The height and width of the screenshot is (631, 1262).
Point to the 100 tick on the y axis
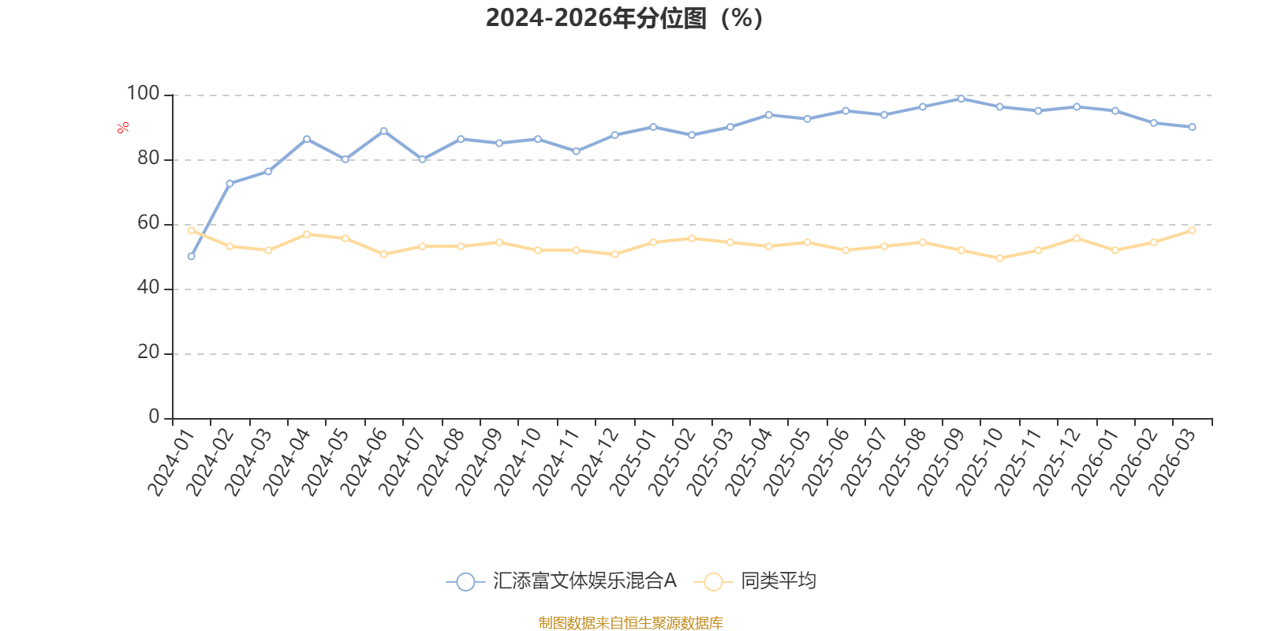(143, 94)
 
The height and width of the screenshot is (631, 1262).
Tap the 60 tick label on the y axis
(147, 223)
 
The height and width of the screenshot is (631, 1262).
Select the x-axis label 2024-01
(171, 463)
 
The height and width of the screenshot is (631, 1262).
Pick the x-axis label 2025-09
(942, 463)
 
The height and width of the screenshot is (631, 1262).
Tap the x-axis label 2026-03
(1173, 463)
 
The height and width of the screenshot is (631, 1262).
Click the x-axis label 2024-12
(596, 463)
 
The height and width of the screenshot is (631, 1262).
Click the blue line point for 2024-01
(191, 256)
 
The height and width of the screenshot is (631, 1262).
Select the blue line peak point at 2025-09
(961, 99)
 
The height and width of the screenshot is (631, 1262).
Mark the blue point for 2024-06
(384, 131)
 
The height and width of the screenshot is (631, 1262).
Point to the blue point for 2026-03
(1192, 127)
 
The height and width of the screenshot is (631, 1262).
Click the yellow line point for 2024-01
(191, 230)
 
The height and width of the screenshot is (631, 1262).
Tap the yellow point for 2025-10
(999, 258)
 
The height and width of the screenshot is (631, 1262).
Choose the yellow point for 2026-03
(1192, 230)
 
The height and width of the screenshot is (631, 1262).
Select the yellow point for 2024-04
(307, 234)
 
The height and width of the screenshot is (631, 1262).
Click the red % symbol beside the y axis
(122, 128)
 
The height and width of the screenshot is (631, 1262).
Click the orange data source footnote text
(630, 623)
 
